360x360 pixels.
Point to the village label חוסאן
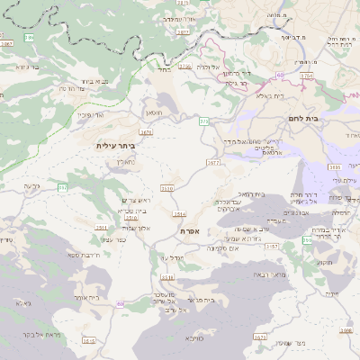154,115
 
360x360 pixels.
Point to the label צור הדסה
71,88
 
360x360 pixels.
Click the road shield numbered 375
204,121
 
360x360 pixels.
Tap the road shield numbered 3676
146,131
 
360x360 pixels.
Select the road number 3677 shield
213,163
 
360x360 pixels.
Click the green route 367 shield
63,187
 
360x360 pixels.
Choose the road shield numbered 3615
88,341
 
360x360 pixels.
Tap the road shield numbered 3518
167,277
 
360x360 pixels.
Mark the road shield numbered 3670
261,337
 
